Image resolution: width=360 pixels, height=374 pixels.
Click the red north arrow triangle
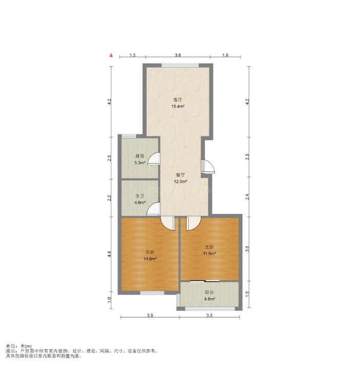[111, 55]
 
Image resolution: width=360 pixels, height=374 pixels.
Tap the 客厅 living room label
[177, 100]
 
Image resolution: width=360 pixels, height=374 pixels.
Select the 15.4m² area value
[178, 106]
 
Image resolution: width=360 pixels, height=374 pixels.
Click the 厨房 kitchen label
[139, 156]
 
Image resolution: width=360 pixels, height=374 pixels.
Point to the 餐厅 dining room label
[180, 175]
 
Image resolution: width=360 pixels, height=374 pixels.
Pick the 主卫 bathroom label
[139, 196]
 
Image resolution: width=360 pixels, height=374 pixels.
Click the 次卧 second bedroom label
[150, 252]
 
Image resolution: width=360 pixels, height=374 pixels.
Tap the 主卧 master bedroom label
[209, 247]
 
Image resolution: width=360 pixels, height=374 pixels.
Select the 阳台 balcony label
[209, 292]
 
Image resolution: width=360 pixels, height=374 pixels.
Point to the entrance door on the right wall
[208, 166]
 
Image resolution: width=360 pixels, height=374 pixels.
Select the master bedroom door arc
[196, 226]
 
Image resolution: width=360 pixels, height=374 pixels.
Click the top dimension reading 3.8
[177, 55]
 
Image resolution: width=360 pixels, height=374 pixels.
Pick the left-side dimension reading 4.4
[109, 254]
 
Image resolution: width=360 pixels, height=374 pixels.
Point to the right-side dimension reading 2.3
[247, 156]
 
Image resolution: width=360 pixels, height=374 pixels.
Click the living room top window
[181, 65]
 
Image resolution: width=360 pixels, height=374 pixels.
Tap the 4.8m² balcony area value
[209, 299]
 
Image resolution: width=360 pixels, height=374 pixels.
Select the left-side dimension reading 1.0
[109, 300]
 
